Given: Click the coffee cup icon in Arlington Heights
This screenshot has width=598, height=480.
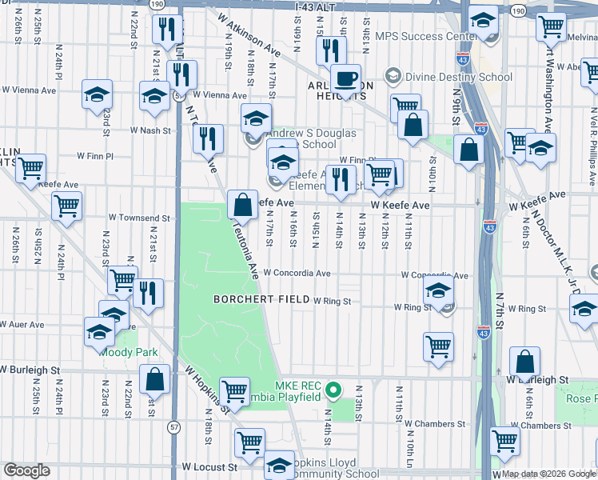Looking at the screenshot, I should point(345,78).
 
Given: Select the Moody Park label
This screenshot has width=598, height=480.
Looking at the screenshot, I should point(129,352).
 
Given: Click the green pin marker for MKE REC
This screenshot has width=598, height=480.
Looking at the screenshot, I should point(334,391).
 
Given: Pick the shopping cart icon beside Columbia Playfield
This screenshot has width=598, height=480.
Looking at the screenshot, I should point(234,391).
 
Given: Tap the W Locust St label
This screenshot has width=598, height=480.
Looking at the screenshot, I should point(210,466).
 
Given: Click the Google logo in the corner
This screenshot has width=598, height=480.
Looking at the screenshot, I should point(26,470).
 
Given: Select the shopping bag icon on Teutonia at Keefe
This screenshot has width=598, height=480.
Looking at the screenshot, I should point(242,204).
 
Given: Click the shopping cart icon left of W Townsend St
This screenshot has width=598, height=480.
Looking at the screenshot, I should point(67,206).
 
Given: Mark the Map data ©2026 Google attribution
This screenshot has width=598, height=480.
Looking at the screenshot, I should point(549,474).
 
